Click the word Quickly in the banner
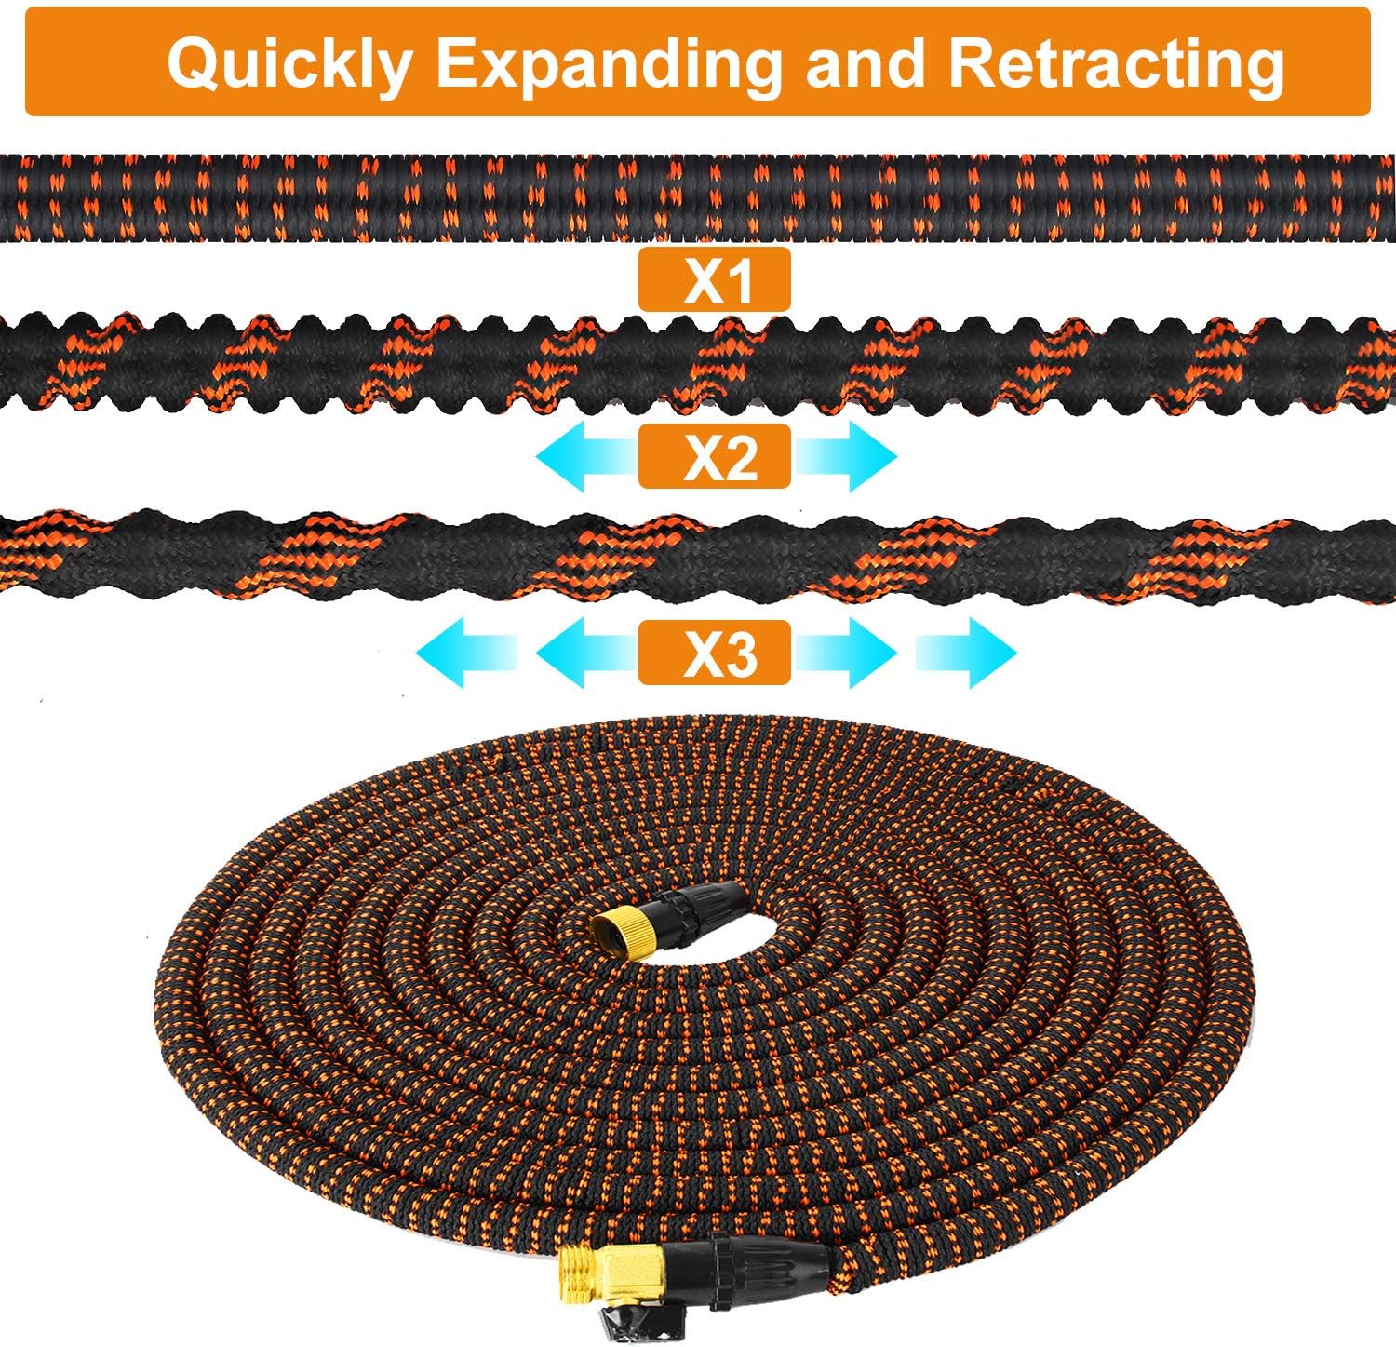289,64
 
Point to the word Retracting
1116,64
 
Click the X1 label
714,279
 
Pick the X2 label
714,456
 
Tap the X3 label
714,653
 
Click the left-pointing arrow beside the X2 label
586,456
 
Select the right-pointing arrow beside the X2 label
843,456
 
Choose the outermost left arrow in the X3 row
465,653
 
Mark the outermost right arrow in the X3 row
966,653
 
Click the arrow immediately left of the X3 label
586,653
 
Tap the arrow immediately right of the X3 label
843,653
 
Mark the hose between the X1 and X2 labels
698,364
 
